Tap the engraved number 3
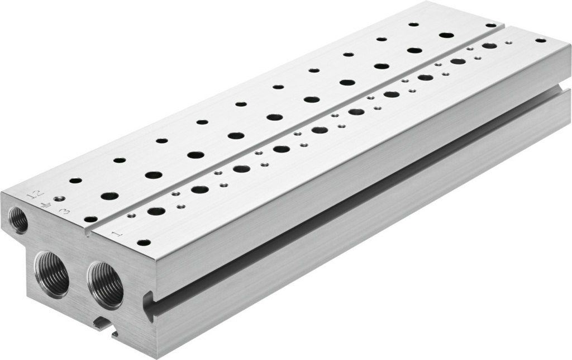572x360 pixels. click(x=65, y=211)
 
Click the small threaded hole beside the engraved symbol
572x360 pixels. click(x=58, y=198)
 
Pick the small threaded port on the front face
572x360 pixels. click(x=19, y=220)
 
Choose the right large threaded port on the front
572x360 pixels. click(x=106, y=283)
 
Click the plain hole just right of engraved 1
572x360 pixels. click(x=144, y=243)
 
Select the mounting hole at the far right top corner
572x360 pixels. click(x=540, y=40)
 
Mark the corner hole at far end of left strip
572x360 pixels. click(x=490, y=25)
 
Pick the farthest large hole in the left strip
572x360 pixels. click(x=446, y=35)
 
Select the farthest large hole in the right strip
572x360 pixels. click(x=489, y=46)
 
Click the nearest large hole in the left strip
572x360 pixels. click(x=109, y=196)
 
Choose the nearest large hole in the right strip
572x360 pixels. click(x=157, y=211)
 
